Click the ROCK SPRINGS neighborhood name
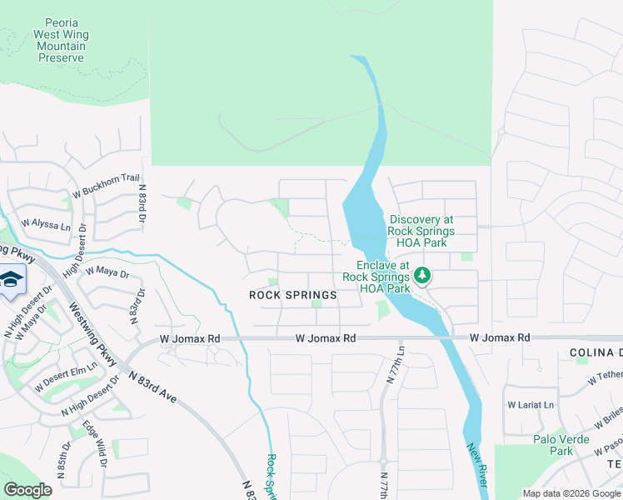click(x=293, y=295)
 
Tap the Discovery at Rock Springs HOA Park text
click(x=421, y=231)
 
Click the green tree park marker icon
click(x=423, y=274)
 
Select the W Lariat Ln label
click(x=531, y=405)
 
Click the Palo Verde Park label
click(x=554, y=445)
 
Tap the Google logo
click(x=28, y=489)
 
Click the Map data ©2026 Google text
click(x=571, y=493)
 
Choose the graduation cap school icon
click(x=11, y=279)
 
